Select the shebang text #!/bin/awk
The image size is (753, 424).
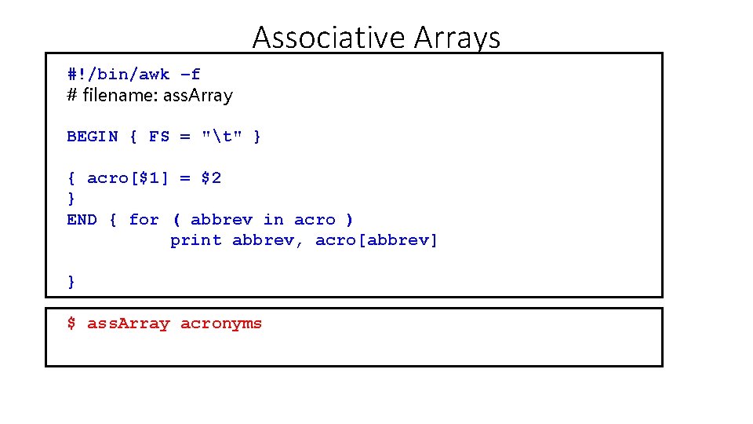(118, 75)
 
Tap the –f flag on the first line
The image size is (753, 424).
(190, 75)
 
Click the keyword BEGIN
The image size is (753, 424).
(93, 137)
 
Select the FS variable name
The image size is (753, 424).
(159, 137)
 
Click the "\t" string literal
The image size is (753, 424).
(221, 137)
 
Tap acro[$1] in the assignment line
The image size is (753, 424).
(128, 178)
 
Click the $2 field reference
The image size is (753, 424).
(211, 178)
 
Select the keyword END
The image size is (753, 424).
(82, 220)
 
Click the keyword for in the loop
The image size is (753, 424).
(144, 220)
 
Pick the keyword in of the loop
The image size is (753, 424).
(274, 220)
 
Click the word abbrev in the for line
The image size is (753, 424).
(221, 220)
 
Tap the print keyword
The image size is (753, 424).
(195, 240)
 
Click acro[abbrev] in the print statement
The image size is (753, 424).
(376, 240)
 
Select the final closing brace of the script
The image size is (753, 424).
(71, 281)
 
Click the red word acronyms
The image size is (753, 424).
(221, 323)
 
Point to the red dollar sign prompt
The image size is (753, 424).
(71, 323)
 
